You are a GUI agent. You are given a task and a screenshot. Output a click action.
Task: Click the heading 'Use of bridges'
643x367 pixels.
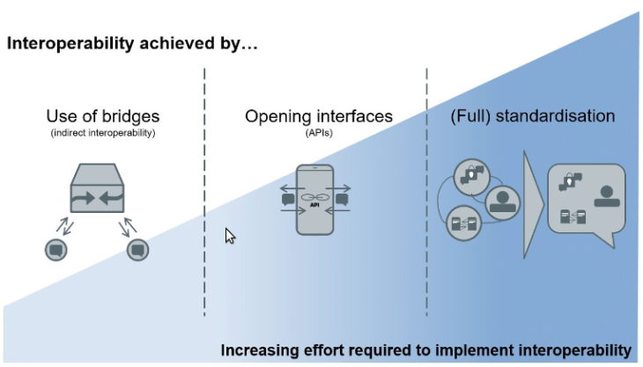pyautogui.click(x=103, y=116)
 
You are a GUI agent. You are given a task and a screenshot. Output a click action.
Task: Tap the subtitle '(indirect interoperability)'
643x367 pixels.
pyautogui.click(x=103, y=132)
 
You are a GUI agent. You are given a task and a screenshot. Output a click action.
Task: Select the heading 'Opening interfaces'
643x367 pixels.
pyautogui.click(x=319, y=116)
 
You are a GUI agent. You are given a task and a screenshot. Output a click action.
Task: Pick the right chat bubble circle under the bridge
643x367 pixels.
pyautogui.click(x=137, y=249)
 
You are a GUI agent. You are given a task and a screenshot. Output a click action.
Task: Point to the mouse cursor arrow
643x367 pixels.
pyautogui.click(x=230, y=236)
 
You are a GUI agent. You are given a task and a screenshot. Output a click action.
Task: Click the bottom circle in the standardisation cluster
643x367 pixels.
pyautogui.click(x=464, y=224)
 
